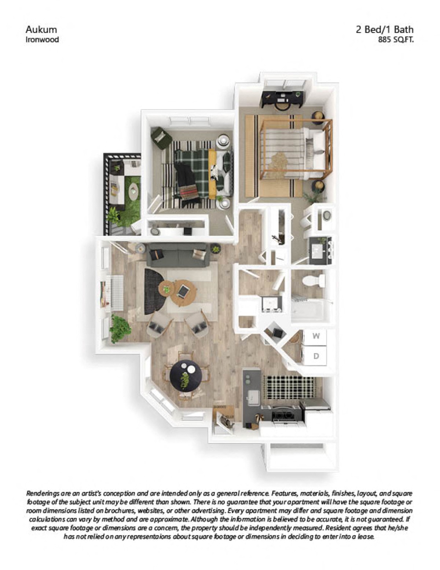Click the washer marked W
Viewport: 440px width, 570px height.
coord(316,336)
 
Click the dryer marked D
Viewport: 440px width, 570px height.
coord(316,356)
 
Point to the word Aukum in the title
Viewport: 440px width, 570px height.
coord(41,29)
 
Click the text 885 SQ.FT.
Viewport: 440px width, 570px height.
coord(396,40)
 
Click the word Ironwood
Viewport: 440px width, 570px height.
coord(42,40)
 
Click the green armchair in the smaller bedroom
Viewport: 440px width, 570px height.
coord(161,138)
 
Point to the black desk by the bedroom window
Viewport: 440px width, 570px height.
coord(282,97)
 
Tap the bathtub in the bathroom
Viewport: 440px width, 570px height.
coord(308,310)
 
